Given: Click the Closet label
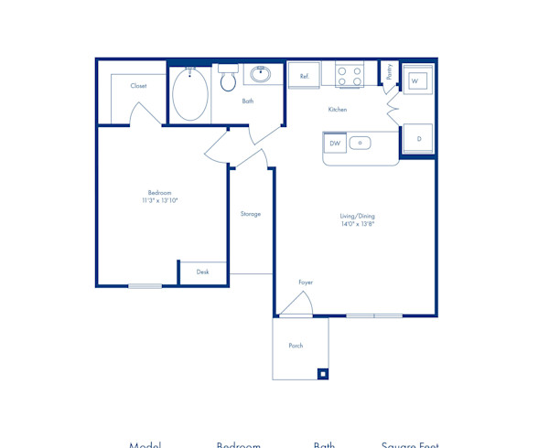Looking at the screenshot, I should pos(138,86).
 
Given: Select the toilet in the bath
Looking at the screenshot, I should pos(228,80).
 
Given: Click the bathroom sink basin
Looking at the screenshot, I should pos(260,73).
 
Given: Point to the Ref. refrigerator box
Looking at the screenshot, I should pos(304,76).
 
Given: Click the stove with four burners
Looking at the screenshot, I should pos(349,75).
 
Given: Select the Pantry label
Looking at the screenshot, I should pos(389,72).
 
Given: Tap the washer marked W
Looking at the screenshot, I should pos(416,81).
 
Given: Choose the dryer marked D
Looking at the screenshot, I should pos(418,138).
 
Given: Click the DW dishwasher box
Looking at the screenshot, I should pos(335,144).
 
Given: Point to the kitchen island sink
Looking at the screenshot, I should pos(361,143).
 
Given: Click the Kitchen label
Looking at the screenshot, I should pos(338,110).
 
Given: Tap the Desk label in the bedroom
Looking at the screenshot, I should pos(202,272).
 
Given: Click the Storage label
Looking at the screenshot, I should pos(251,214).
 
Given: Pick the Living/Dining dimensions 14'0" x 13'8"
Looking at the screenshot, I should pos(359,223).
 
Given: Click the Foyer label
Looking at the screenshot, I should pos(306,283).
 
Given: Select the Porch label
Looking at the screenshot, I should pos(296,346).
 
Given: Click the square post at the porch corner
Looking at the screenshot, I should pos(321,372).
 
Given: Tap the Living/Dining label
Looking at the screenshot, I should pos(359,216).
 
